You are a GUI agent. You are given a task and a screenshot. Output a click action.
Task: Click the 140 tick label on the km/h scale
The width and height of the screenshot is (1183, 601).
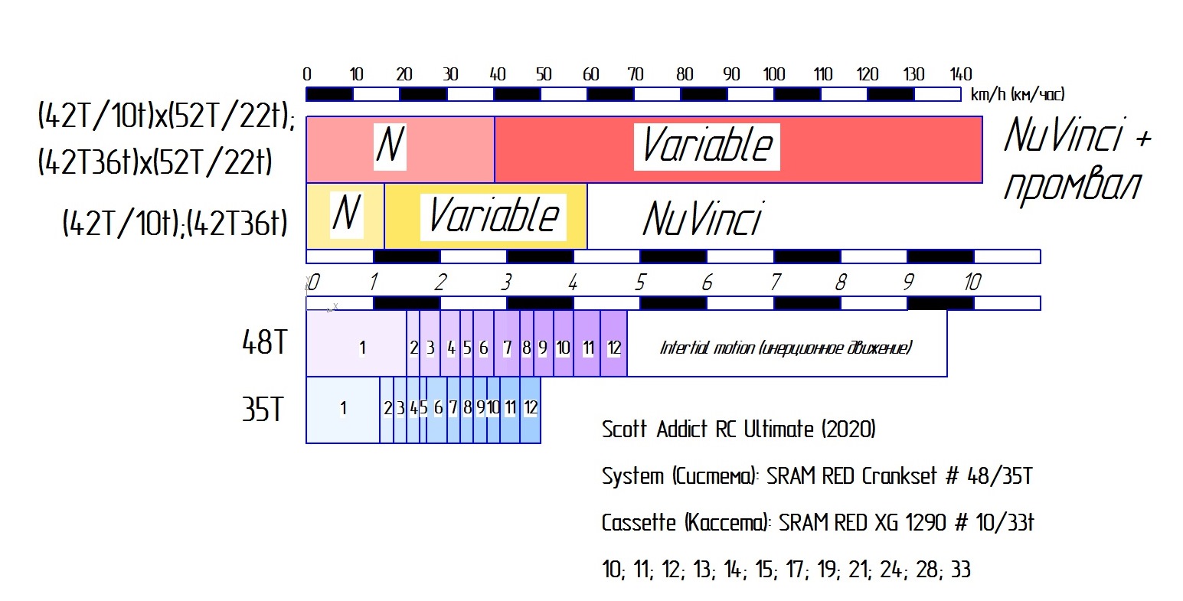[x=960, y=74]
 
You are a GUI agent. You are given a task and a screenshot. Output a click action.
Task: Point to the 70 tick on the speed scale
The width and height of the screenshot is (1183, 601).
[x=636, y=74]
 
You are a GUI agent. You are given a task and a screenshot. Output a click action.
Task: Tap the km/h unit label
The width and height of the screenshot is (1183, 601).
[x=1017, y=95]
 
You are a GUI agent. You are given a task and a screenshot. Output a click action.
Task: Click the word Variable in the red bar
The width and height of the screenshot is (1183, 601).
[x=707, y=146]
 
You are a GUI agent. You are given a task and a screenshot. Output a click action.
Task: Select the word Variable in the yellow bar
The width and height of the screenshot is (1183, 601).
[x=494, y=215]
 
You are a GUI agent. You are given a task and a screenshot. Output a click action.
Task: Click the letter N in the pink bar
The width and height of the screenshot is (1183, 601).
[x=390, y=145]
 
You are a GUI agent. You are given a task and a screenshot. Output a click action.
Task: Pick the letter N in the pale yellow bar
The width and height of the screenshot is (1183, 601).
[x=347, y=214]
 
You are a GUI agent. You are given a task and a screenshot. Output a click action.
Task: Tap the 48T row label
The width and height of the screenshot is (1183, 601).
[x=264, y=343]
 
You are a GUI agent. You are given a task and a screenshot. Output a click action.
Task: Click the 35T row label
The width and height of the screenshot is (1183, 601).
[x=263, y=410]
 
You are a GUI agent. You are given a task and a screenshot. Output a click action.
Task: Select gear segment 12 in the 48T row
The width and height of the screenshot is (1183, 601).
[x=613, y=348]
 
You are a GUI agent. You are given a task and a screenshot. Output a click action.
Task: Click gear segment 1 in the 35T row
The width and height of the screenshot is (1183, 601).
[x=343, y=409]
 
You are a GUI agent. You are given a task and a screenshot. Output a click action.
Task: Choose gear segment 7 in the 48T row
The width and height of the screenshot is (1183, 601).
[x=507, y=348]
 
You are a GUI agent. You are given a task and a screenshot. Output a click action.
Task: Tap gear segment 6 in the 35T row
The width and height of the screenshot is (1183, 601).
[x=438, y=408]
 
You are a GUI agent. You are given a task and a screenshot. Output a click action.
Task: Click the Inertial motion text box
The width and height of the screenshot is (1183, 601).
[x=786, y=348]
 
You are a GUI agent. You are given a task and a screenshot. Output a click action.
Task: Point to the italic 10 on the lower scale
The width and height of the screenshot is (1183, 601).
[x=972, y=283]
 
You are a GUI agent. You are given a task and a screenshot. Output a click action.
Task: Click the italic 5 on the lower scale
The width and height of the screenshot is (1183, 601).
[x=640, y=283]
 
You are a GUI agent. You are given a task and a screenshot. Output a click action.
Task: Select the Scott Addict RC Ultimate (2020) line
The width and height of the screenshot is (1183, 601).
[x=738, y=429]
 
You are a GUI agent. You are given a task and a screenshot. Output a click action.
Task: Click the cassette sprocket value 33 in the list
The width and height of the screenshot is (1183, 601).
[x=959, y=570]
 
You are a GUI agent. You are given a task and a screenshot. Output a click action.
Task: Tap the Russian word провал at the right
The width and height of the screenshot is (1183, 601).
[x=1071, y=185]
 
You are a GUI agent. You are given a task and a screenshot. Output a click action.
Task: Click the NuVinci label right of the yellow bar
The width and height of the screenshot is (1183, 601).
[x=702, y=219]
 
